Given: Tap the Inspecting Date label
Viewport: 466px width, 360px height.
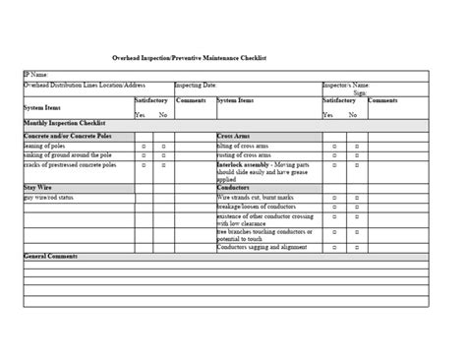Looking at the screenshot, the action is coord(198,86).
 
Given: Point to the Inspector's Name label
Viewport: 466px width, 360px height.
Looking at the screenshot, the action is coord(346,86).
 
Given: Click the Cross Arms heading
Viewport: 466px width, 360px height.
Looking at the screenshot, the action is coord(233,136).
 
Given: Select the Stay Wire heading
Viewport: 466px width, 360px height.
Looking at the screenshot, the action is coord(37,186).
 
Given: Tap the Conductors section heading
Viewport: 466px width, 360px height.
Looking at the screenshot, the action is coord(235,186).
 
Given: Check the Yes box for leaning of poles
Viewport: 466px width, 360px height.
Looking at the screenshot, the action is coord(144,146).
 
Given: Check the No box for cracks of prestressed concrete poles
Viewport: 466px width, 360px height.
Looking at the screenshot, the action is coord(163,166).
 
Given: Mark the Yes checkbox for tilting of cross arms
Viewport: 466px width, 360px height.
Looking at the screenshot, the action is coord(334,146).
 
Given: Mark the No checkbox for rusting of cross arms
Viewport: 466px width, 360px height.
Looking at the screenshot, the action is coord(357,155).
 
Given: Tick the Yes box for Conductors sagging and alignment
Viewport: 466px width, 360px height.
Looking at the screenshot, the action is coord(334,246).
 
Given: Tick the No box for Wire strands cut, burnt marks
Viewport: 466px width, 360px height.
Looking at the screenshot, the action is coord(357,197).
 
